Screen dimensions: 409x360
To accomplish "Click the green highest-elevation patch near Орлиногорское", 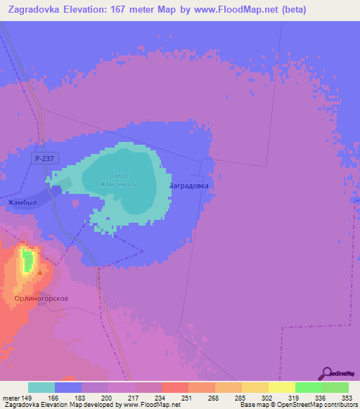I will pos(28,260).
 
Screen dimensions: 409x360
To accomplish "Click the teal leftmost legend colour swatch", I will pos(41,387).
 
